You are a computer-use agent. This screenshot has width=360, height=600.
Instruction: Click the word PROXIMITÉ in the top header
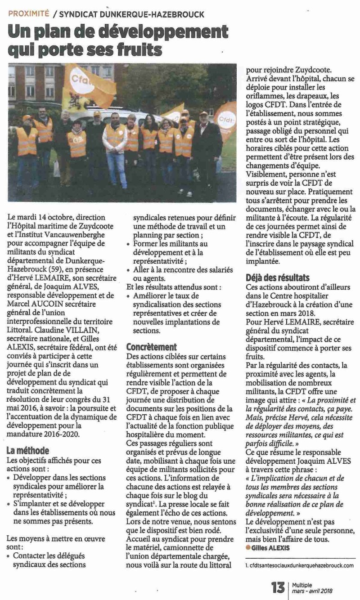point(29,14)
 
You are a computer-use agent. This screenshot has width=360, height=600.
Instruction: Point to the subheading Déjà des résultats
point(278,278)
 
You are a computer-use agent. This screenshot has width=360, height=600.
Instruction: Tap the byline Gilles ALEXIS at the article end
point(273,547)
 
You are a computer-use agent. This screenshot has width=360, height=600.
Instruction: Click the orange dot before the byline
point(248,547)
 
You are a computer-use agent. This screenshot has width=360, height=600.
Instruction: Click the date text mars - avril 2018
point(312,591)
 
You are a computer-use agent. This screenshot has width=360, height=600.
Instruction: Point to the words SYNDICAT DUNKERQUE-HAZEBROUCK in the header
point(132,14)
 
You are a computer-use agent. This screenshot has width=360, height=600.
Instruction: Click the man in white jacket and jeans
point(115,148)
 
